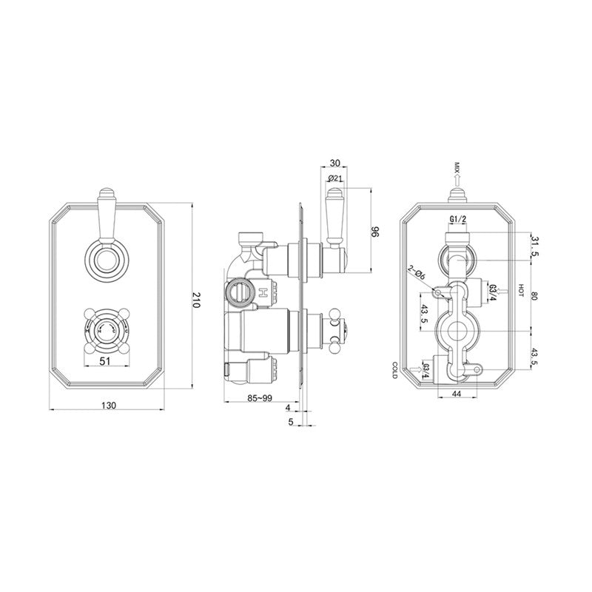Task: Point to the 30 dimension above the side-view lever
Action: pos(335,164)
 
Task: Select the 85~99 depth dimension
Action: pos(260,399)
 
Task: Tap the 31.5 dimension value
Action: pos(534,246)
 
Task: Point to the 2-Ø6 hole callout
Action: pos(416,274)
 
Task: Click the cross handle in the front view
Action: pos(103,332)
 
